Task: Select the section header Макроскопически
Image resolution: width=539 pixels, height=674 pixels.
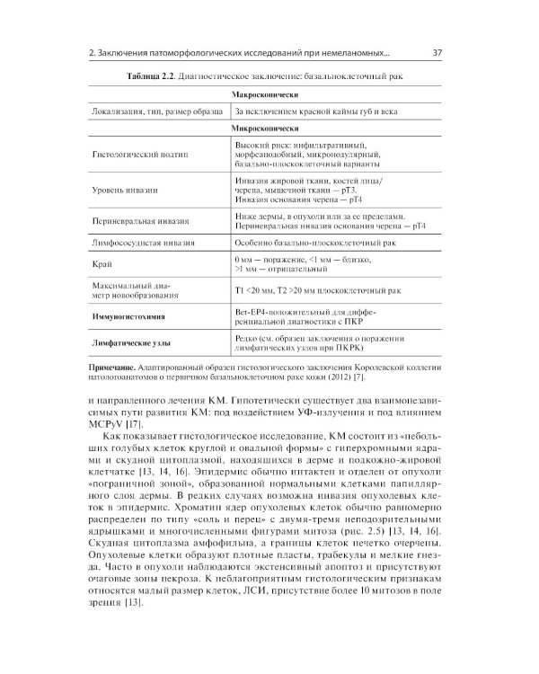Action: click(x=267, y=94)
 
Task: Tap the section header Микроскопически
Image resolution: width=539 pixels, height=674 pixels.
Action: click(x=267, y=129)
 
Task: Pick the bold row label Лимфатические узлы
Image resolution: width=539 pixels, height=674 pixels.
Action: click(x=135, y=342)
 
